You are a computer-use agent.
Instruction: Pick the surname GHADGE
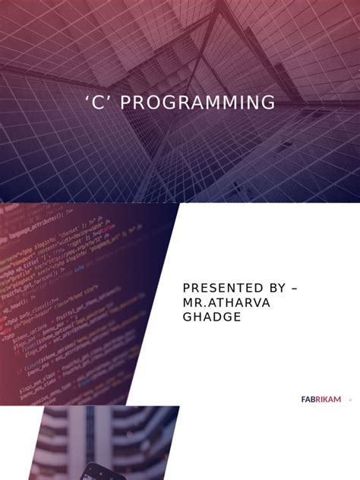pyautogui.click(x=212, y=317)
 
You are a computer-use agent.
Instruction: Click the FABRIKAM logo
pyautogui.click(x=321, y=399)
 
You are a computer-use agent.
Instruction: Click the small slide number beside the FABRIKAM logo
pyautogui.click(x=350, y=399)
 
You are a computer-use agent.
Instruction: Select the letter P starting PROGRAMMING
pyautogui.click(x=126, y=103)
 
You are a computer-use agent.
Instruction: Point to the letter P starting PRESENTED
pyautogui.click(x=187, y=288)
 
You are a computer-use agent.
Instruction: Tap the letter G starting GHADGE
pyautogui.click(x=188, y=317)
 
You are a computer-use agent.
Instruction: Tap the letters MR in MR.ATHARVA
pyautogui.click(x=192, y=302)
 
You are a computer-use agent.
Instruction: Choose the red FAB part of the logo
pyautogui.click(x=308, y=399)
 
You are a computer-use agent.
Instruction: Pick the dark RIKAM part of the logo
pyautogui.click(x=328, y=399)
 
